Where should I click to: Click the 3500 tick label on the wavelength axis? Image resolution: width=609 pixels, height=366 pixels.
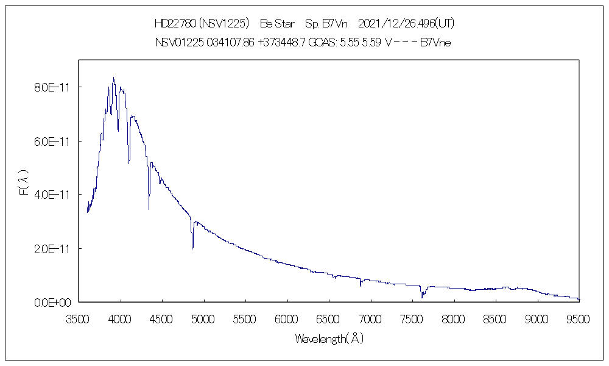tap(79, 318)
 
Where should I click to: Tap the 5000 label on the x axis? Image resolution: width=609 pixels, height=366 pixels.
tap(203, 318)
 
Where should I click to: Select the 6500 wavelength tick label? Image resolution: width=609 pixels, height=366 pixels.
tap(328, 318)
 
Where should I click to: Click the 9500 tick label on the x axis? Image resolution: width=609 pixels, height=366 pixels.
tap(578, 318)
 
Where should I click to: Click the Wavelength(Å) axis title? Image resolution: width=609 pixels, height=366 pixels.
tap(329, 339)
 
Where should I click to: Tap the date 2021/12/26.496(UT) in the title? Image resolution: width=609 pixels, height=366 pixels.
tap(406, 24)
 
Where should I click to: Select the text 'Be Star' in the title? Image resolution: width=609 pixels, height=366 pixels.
tap(277, 24)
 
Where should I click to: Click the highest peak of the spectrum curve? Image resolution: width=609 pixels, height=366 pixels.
tap(113, 77)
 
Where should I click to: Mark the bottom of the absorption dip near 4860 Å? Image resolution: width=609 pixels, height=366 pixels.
tap(192, 248)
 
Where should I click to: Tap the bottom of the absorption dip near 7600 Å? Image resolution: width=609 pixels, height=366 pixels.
tap(421, 297)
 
